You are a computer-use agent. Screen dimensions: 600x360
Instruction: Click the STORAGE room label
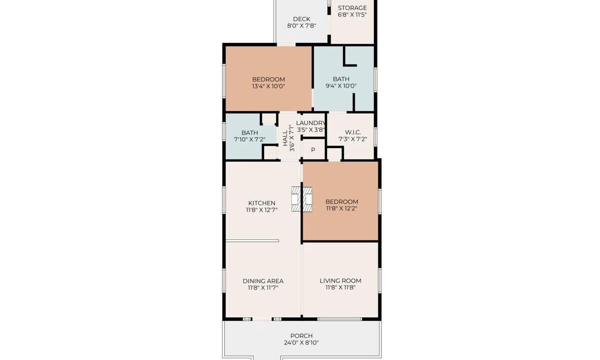[352, 8]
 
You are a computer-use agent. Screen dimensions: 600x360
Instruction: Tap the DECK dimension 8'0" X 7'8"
[301, 26]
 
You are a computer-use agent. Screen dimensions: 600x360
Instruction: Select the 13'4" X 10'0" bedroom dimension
[268, 86]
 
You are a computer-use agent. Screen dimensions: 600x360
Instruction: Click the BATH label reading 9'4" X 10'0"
[341, 79]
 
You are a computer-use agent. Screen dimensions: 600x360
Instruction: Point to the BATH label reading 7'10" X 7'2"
[249, 132]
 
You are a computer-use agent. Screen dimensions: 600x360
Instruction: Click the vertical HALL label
[285, 138]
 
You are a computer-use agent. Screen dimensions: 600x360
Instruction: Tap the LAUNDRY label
[310, 123]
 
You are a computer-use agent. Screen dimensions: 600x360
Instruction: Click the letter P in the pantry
[313, 150]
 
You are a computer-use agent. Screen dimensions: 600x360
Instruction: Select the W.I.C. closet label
[353, 132]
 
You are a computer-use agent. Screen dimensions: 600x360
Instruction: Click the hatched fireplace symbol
[301, 199]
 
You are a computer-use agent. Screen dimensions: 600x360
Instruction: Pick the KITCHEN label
[261, 203]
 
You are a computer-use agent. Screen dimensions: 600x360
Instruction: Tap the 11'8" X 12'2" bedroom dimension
[341, 208]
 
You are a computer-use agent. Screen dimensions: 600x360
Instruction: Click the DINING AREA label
[263, 281]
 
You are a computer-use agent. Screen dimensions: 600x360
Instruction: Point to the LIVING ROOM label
[340, 280]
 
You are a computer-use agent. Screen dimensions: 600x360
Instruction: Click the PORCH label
[301, 336]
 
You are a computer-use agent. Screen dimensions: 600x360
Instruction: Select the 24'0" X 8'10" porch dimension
[301, 342]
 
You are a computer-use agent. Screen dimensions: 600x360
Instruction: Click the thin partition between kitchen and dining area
[252, 241]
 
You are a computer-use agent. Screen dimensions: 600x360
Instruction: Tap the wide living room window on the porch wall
[339, 319]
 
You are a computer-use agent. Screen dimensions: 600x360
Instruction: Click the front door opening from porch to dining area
[262, 319]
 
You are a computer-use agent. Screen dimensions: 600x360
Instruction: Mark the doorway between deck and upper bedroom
[286, 44]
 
